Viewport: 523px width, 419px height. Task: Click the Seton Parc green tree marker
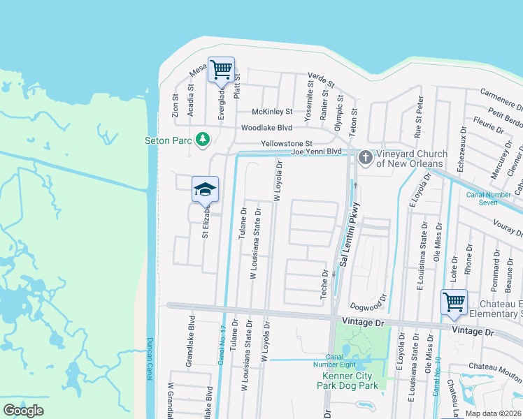203,140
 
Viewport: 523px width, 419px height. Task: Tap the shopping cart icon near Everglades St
221,71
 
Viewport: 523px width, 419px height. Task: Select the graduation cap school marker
205,189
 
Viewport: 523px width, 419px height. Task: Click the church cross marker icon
364,157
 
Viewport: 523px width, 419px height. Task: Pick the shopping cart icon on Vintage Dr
454,302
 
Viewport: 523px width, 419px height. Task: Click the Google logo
23,411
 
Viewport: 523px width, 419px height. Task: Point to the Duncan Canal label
150,360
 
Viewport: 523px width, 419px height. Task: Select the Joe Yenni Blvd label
316,151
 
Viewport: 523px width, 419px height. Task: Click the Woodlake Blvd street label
266,128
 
